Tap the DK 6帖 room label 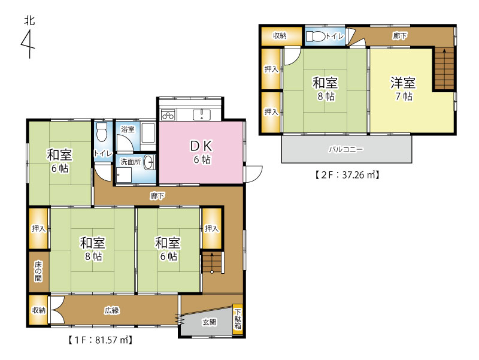coord(202,152)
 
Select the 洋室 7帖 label coord(403,89)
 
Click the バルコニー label coord(346,149)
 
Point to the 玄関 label coord(209,322)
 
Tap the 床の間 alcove coord(38,271)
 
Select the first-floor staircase coord(212,262)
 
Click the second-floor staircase coord(444,69)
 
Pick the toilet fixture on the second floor coord(316,37)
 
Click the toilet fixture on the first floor coord(101,132)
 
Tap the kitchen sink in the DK coord(202,115)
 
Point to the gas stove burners coord(168,114)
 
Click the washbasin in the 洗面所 coord(148,162)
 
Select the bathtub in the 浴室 coord(148,132)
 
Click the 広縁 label coord(112,311)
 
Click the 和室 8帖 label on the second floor coord(325,89)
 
